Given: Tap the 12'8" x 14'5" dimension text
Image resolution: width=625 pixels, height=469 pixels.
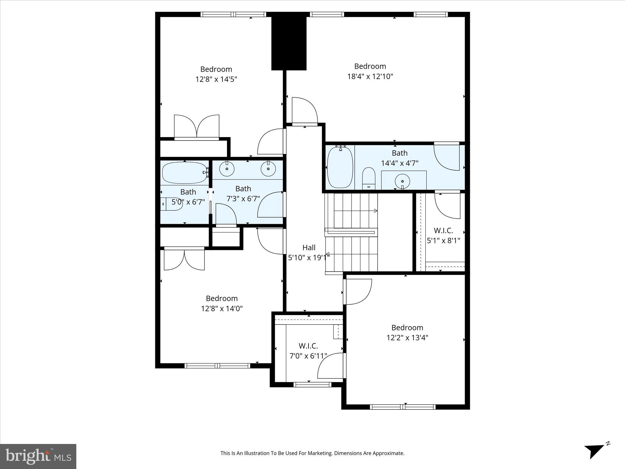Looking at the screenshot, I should (216, 79).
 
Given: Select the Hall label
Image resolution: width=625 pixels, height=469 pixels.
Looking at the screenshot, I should (309, 248).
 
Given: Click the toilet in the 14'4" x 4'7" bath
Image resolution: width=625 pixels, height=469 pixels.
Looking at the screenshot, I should (369, 178).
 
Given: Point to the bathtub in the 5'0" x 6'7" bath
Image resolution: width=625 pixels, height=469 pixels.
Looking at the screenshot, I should (185, 173).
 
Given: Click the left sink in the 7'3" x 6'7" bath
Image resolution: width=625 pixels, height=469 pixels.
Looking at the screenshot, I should (227, 169).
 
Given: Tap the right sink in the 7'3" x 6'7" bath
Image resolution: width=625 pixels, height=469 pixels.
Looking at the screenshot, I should (268, 169).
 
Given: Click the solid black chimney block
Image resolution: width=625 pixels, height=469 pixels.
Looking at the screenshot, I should (289, 43).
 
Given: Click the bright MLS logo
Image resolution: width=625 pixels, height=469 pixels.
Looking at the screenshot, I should (38, 456).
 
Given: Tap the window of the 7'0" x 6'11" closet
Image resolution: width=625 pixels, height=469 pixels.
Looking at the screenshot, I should (312, 384).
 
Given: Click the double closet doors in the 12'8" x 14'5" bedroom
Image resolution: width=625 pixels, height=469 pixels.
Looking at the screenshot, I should (197, 127).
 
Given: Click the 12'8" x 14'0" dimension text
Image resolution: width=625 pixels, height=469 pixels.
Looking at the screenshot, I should (222, 309).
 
